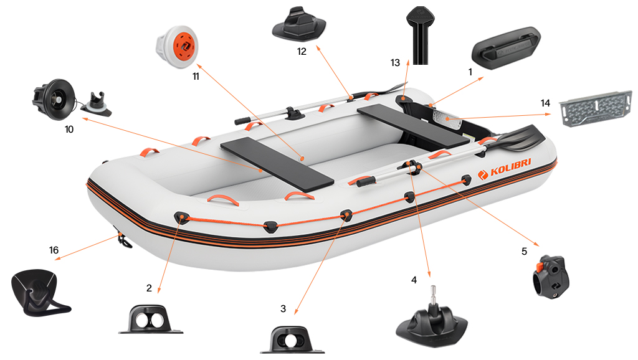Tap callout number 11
coord(196,76)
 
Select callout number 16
coord(54,250)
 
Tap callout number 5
coord(524,252)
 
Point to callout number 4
coord(414,280)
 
